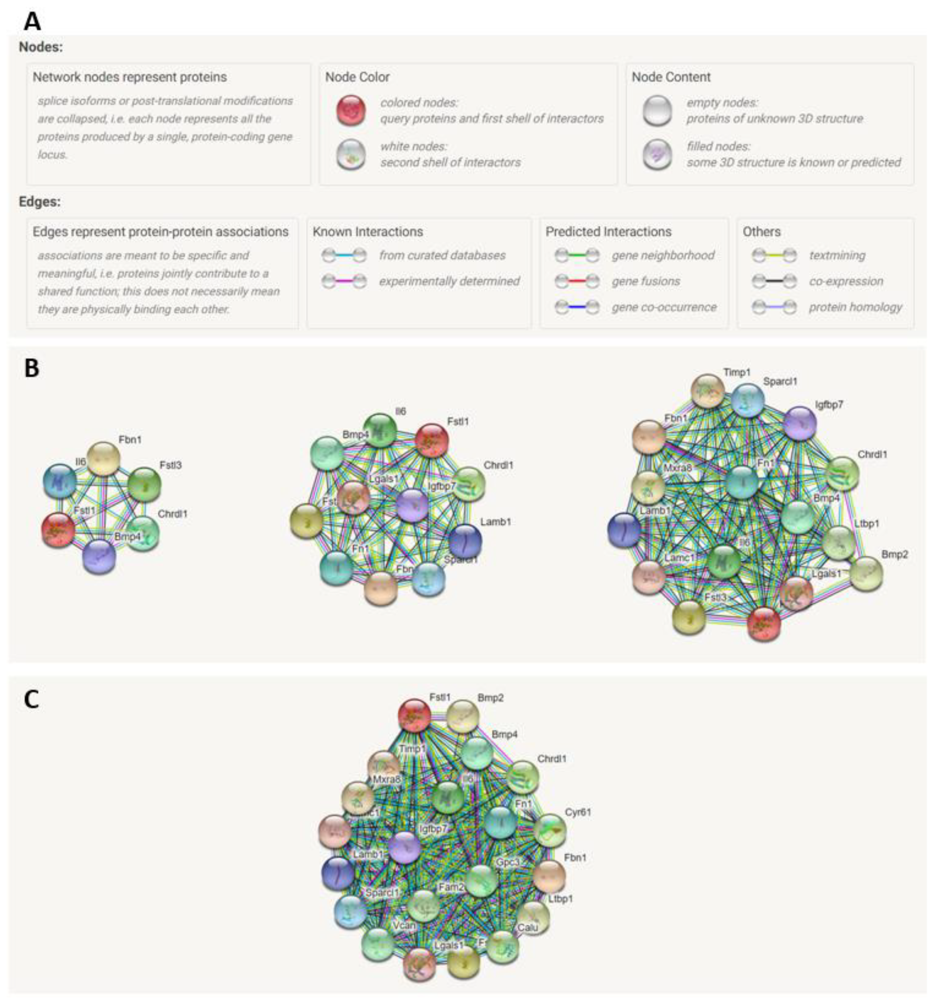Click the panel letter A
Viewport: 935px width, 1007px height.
32,21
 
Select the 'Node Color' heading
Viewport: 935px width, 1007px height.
357,77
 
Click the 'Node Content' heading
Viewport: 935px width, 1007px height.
671,77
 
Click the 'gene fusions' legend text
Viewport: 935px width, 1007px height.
646,281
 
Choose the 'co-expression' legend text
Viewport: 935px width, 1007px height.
846,281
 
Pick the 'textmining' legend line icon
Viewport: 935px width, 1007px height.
774,255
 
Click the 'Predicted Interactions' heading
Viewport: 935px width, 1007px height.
608,231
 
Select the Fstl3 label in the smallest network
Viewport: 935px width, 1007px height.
171,465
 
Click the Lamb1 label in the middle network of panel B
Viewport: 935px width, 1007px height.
495,522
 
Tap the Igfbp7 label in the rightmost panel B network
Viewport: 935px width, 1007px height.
829,404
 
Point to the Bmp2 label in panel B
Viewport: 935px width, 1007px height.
894,554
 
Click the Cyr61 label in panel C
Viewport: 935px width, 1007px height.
578,812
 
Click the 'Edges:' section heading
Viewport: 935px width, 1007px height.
39,202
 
